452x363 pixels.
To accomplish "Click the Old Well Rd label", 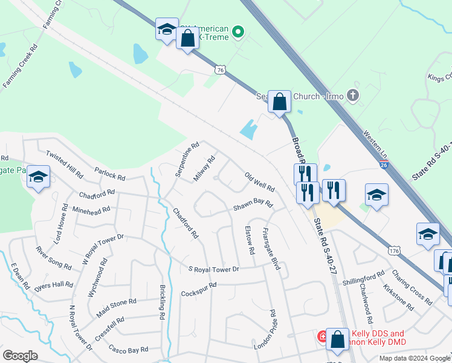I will point(260,180).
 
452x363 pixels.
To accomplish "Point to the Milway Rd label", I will point(204,169).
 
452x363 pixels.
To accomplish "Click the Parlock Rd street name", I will point(109,174).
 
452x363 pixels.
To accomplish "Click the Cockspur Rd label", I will point(198,289).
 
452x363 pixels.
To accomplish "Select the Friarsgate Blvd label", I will point(270,249).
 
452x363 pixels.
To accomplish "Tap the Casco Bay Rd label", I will point(129,349).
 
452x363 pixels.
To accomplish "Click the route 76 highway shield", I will point(220,71).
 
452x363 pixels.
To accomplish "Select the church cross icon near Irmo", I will point(354,96).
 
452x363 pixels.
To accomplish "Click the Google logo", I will point(21,356).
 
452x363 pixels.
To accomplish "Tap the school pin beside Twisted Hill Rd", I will point(38,177).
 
